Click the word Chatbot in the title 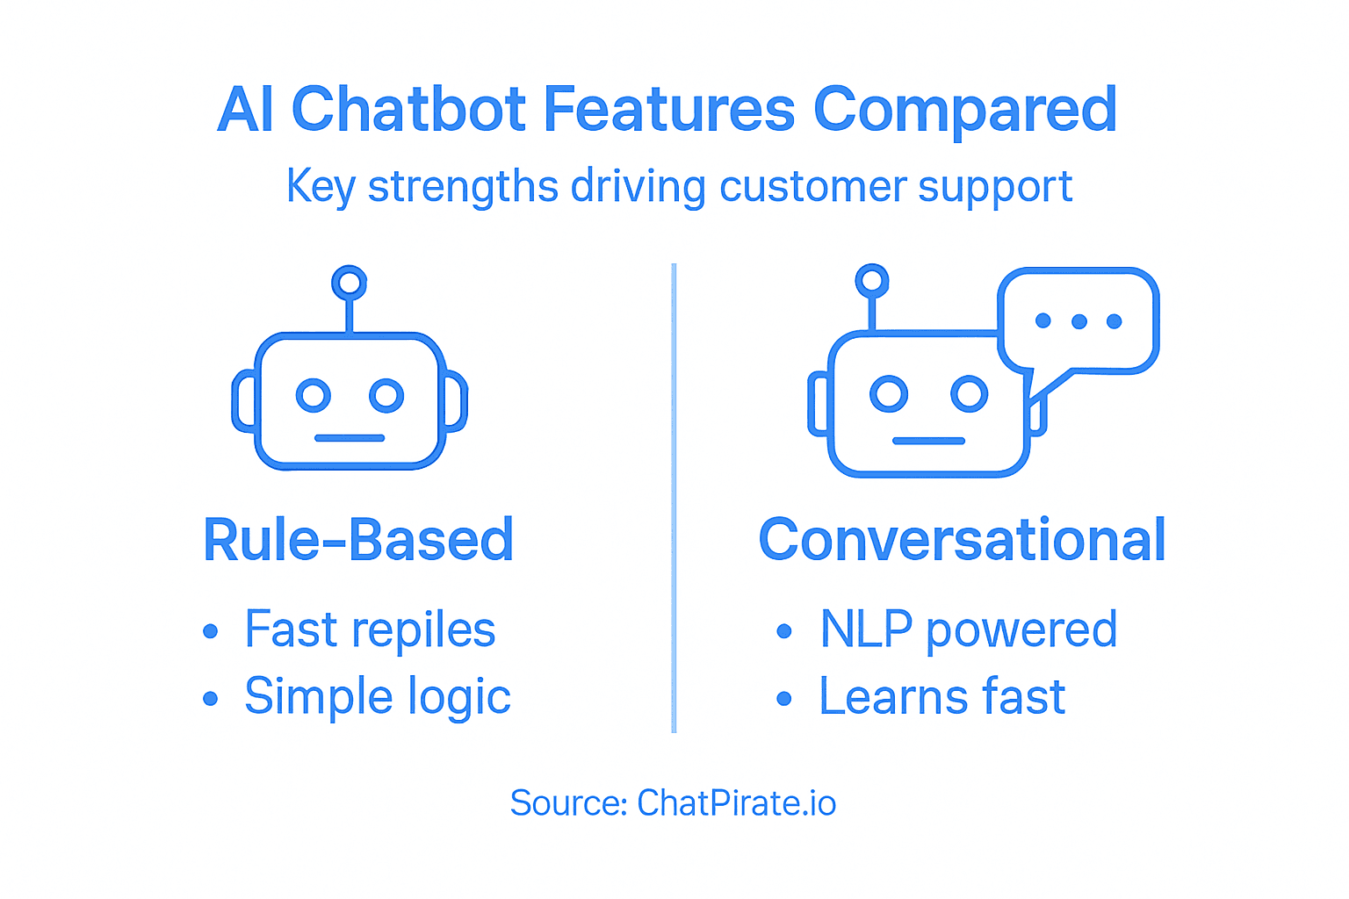pyautogui.click(x=409, y=111)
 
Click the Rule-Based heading pyautogui.click(x=358, y=540)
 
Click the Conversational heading pyautogui.click(x=962, y=540)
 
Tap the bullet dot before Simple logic pyautogui.click(x=210, y=699)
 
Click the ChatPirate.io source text pyautogui.click(x=736, y=803)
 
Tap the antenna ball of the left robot pyautogui.click(x=349, y=283)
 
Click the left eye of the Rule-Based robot pyautogui.click(x=313, y=395)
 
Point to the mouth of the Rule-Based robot pyautogui.click(x=350, y=437)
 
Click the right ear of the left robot pyautogui.click(x=455, y=402)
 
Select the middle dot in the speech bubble pyautogui.click(x=1078, y=321)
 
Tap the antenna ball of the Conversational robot pyautogui.click(x=871, y=281)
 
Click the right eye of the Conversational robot pyautogui.click(x=970, y=393)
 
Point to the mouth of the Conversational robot pyautogui.click(x=928, y=441)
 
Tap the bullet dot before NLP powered pyautogui.click(x=784, y=631)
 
